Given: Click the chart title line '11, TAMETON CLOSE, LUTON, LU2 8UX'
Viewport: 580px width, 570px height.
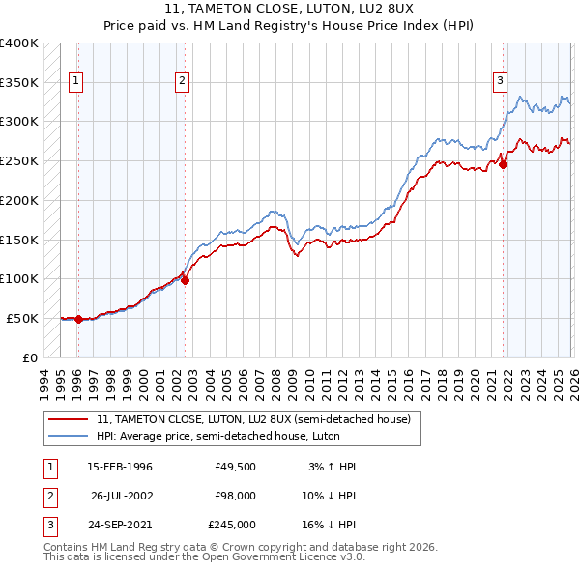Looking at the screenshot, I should pos(290,10).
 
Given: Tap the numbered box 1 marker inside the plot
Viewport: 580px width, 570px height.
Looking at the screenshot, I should pos(76,82).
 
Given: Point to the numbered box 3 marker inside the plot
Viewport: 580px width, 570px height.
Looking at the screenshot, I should pos(501,82).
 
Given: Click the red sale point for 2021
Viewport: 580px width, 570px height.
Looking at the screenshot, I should pos(504,164).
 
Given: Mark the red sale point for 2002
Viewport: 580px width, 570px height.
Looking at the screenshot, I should pos(186,281).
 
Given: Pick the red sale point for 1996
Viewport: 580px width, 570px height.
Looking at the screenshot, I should pos(78,319).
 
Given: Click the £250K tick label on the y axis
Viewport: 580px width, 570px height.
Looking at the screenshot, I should pos(19,160).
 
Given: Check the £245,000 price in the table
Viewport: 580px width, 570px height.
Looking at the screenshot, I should pos(232,525).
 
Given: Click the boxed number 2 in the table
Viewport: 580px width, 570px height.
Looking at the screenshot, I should pos(49,496).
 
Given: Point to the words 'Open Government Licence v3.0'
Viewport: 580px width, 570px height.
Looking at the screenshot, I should pos(281,557).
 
